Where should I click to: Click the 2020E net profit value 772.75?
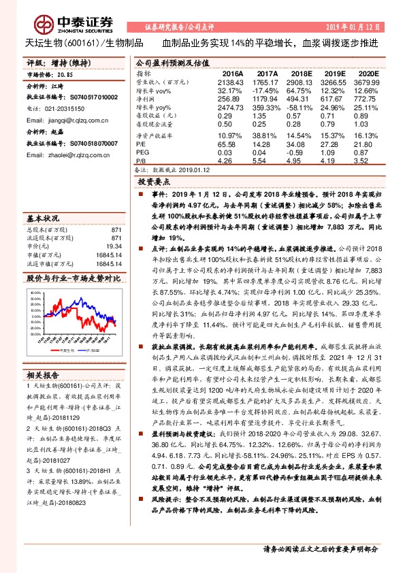[364, 98]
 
